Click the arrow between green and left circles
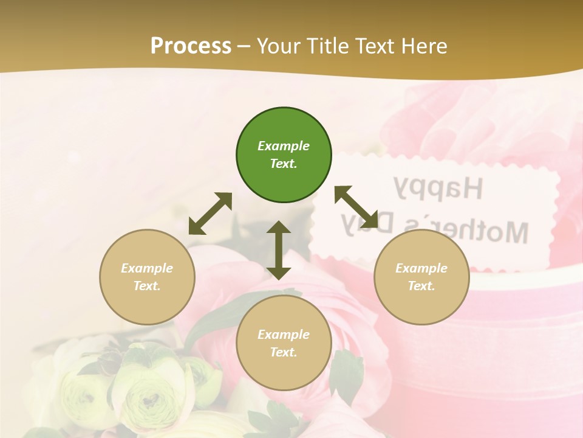[210, 214]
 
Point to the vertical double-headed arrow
[279, 250]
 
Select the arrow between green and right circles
[356, 207]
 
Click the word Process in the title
[191, 46]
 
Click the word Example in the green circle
[284, 146]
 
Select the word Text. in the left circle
[147, 286]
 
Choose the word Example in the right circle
[421, 268]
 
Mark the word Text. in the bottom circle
[284, 352]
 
